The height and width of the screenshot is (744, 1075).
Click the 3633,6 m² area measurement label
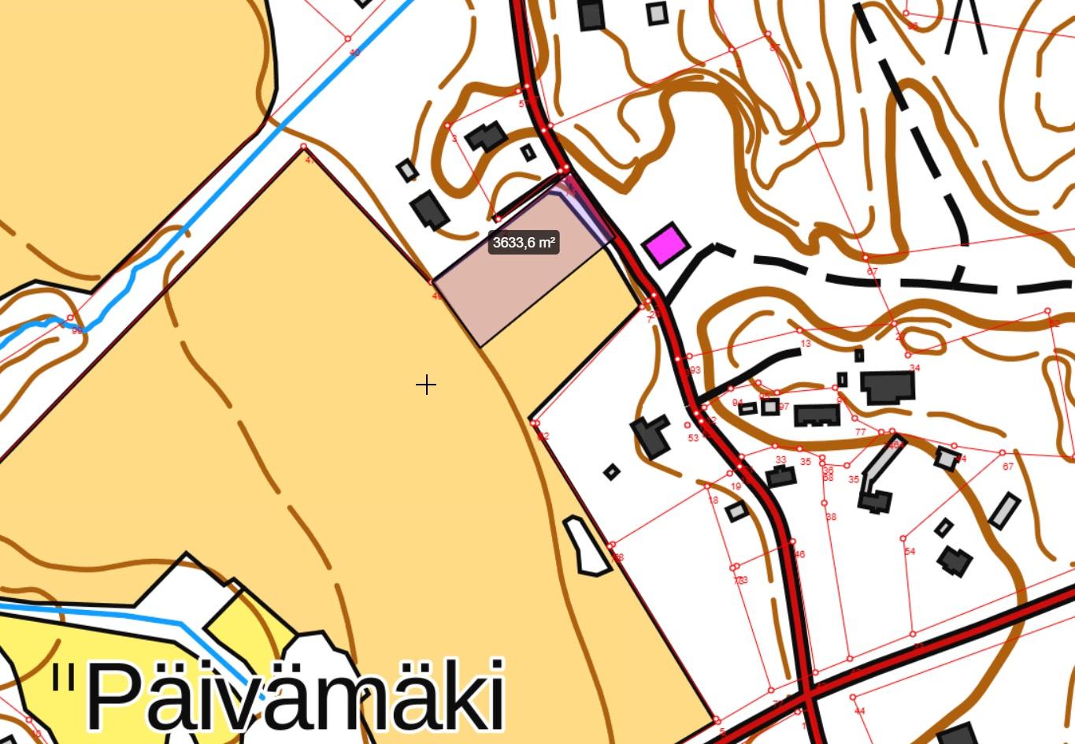tap(524, 243)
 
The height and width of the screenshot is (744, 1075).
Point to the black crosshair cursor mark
tap(426, 385)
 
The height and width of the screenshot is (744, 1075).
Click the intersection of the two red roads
tap(808, 697)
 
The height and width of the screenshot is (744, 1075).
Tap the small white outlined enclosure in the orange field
tap(586, 545)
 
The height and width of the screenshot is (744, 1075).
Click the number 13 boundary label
tap(805, 344)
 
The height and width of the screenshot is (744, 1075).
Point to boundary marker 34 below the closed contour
tap(914, 368)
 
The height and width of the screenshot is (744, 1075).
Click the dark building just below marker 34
tap(888, 387)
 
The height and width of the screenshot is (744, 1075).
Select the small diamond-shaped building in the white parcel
tap(611, 472)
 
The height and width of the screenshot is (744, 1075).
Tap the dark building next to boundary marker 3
tap(486, 136)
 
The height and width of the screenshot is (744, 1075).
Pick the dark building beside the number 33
tap(780, 477)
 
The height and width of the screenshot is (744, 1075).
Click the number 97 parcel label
tap(784, 407)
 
